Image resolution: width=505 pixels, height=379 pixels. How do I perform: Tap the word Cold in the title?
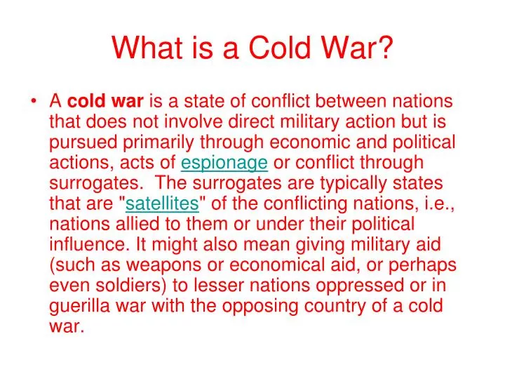tap(279, 48)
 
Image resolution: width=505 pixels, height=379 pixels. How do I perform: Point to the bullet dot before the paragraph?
tap(33, 101)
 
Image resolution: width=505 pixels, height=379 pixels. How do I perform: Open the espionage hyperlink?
tap(224, 163)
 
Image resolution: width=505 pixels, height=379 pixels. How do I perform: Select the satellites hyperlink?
tap(162, 204)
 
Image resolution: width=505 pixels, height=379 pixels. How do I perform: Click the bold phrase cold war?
tap(105, 101)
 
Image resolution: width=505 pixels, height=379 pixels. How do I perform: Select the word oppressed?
tap(359, 286)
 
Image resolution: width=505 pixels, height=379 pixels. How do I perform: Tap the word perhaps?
tap(422, 265)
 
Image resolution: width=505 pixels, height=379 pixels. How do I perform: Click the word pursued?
tap(83, 142)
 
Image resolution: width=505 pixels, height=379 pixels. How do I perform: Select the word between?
tap(351, 101)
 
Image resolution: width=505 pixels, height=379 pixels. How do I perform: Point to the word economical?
tap(277, 265)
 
